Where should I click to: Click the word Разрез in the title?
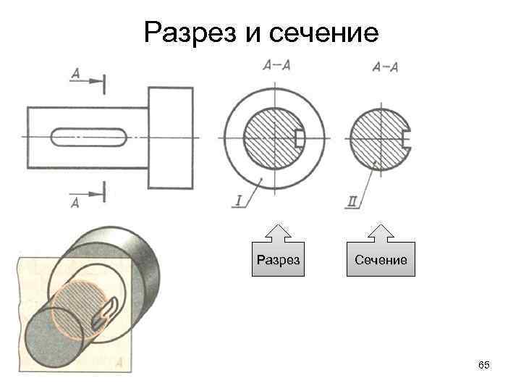(x=190, y=32)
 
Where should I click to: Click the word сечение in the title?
(x=325, y=32)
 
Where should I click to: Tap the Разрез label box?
(x=278, y=259)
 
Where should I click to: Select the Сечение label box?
(x=381, y=259)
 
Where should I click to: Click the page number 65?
(x=484, y=366)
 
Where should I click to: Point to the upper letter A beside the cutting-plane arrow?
(x=75, y=73)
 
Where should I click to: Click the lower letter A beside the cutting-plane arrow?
(x=75, y=203)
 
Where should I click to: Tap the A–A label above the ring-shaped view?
(x=277, y=65)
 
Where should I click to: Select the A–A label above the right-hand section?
(x=384, y=67)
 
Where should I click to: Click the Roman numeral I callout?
(x=238, y=202)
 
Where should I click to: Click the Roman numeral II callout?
(x=353, y=203)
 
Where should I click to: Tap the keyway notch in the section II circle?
(x=407, y=138)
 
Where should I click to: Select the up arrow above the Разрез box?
(x=278, y=232)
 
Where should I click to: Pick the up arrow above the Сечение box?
(x=381, y=232)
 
